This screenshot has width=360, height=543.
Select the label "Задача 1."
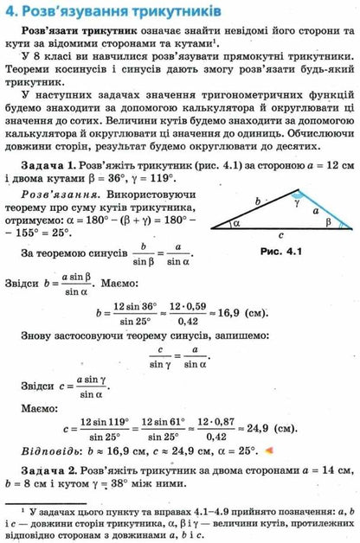[x=48, y=164]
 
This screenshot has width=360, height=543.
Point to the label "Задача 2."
[x=48, y=470]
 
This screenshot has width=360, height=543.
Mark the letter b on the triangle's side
[x=257, y=201]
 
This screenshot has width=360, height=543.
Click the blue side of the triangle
[x=318, y=207]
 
